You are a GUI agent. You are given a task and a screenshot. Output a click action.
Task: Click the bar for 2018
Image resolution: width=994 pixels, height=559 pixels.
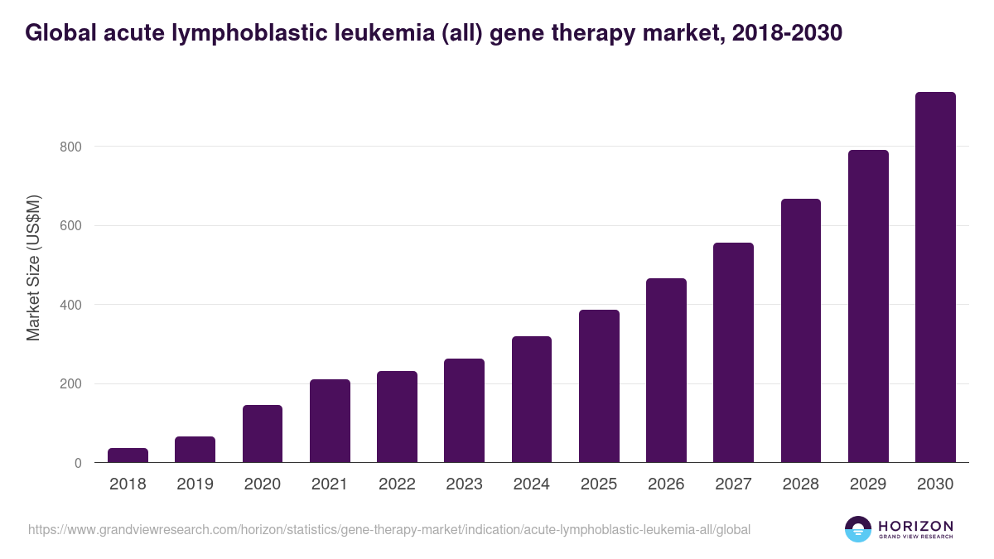pos(128,455)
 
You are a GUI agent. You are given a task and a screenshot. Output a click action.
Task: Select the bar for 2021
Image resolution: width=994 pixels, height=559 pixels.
pos(330,421)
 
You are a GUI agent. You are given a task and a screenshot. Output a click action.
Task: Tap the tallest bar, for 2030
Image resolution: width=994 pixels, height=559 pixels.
pos(935,277)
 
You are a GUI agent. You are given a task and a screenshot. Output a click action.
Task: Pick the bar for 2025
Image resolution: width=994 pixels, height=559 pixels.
pos(599,386)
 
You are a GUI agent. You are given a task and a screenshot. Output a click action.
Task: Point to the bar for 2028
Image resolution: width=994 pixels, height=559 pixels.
pos(801,330)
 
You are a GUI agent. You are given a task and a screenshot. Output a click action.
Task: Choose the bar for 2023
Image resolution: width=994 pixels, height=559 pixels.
pos(464,411)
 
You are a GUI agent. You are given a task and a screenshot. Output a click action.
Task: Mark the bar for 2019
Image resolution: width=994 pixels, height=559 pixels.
pos(195,450)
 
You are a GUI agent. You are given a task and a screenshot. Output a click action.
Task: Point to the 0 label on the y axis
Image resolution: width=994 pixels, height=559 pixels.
pos(78,463)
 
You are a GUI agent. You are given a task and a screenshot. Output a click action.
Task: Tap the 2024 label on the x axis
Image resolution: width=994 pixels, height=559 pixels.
pos(532,484)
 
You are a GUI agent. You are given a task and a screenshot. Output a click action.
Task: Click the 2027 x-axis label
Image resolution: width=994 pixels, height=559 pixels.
pos(733,484)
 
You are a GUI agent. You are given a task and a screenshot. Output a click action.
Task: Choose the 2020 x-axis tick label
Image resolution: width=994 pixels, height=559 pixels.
pos(262,484)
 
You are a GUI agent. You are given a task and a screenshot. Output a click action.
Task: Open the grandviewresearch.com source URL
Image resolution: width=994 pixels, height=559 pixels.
pos(389,529)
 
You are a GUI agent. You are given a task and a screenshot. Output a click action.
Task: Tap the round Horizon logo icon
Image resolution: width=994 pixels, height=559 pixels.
pos(858,529)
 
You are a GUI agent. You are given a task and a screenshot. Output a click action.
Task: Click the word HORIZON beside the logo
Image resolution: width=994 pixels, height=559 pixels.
pos(915,525)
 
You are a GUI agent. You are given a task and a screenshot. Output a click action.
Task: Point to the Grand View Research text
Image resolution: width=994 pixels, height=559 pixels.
pos(915,537)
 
